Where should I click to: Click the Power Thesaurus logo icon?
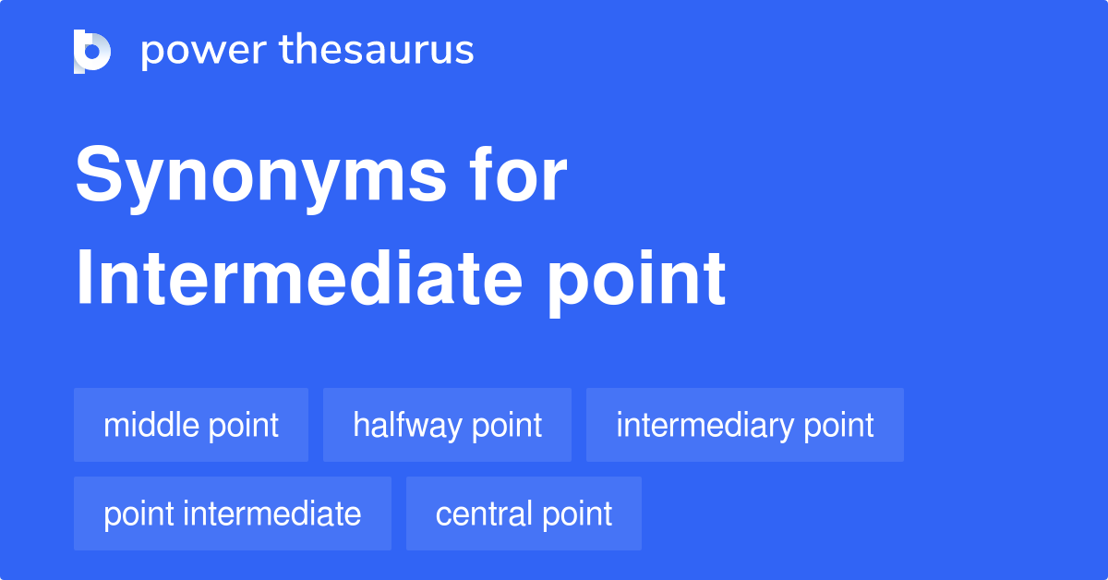coord(92,51)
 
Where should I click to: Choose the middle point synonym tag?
coord(191,425)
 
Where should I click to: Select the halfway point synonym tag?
coord(447,425)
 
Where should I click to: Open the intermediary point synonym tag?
coord(744,425)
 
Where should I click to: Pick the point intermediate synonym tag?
coord(232,514)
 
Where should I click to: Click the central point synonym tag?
coord(524,514)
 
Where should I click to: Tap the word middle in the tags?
coord(151,425)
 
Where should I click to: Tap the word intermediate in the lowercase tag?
coord(272,514)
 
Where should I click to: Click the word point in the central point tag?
coord(576,514)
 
